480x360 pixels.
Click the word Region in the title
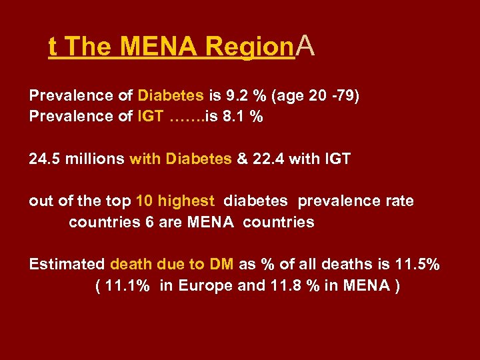tap(250, 47)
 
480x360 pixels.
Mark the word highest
tap(186, 201)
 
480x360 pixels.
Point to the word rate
tap(399, 201)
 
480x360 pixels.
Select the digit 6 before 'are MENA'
tap(149, 222)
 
